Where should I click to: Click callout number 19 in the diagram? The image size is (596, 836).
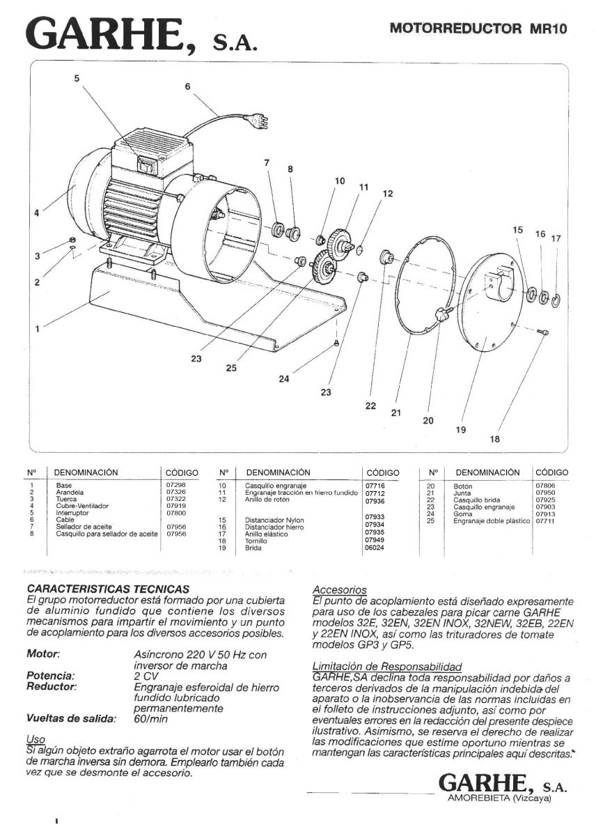coord(460,429)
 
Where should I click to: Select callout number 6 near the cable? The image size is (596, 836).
coord(187,87)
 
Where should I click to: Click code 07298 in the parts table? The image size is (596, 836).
coord(175,485)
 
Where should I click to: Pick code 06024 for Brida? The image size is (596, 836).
coord(375,548)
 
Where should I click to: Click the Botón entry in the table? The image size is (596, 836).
coord(463,486)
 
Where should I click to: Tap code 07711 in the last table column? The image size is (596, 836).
coord(545,520)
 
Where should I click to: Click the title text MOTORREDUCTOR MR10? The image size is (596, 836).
coord(478,29)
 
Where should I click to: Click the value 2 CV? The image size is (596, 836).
coord(146,676)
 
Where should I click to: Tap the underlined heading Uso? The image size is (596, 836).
coord(35,739)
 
